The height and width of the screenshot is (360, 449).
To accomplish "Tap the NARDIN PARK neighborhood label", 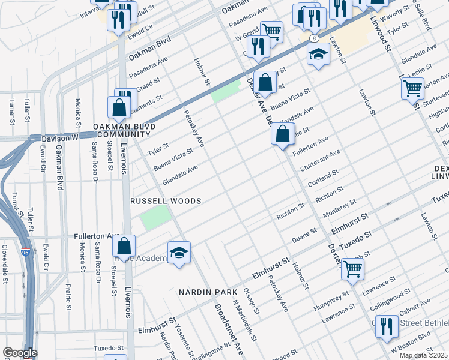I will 208,292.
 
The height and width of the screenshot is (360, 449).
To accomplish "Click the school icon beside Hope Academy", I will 179,254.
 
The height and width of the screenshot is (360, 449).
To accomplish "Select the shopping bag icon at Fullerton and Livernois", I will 124,247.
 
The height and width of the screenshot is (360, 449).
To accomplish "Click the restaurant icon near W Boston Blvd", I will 387,327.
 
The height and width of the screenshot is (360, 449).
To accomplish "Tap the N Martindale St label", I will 241,319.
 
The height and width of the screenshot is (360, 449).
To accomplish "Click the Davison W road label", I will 59,138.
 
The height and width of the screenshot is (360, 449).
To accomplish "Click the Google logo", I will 19,353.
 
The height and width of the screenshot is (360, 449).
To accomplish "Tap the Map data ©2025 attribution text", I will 423,355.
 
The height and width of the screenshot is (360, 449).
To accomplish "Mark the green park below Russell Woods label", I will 154,218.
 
